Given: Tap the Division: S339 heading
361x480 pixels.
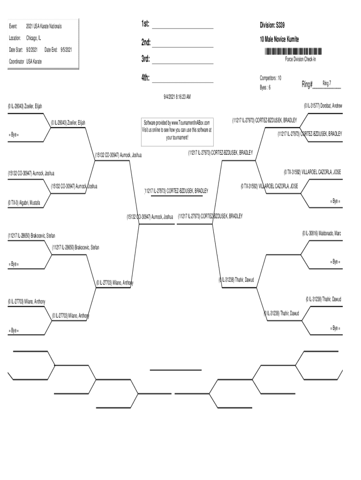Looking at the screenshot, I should click(x=272, y=25).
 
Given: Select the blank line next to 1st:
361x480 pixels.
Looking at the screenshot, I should click(x=183, y=27).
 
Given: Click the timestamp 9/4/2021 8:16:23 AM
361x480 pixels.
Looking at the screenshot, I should click(x=177, y=97).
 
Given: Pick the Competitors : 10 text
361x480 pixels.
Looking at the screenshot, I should click(x=271, y=77).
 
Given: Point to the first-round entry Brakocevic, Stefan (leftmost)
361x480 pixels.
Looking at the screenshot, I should click(x=28, y=235).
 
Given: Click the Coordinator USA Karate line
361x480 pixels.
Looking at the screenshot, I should click(x=25, y=61).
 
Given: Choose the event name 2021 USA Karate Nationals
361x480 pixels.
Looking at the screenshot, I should click(x=44, y=26).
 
